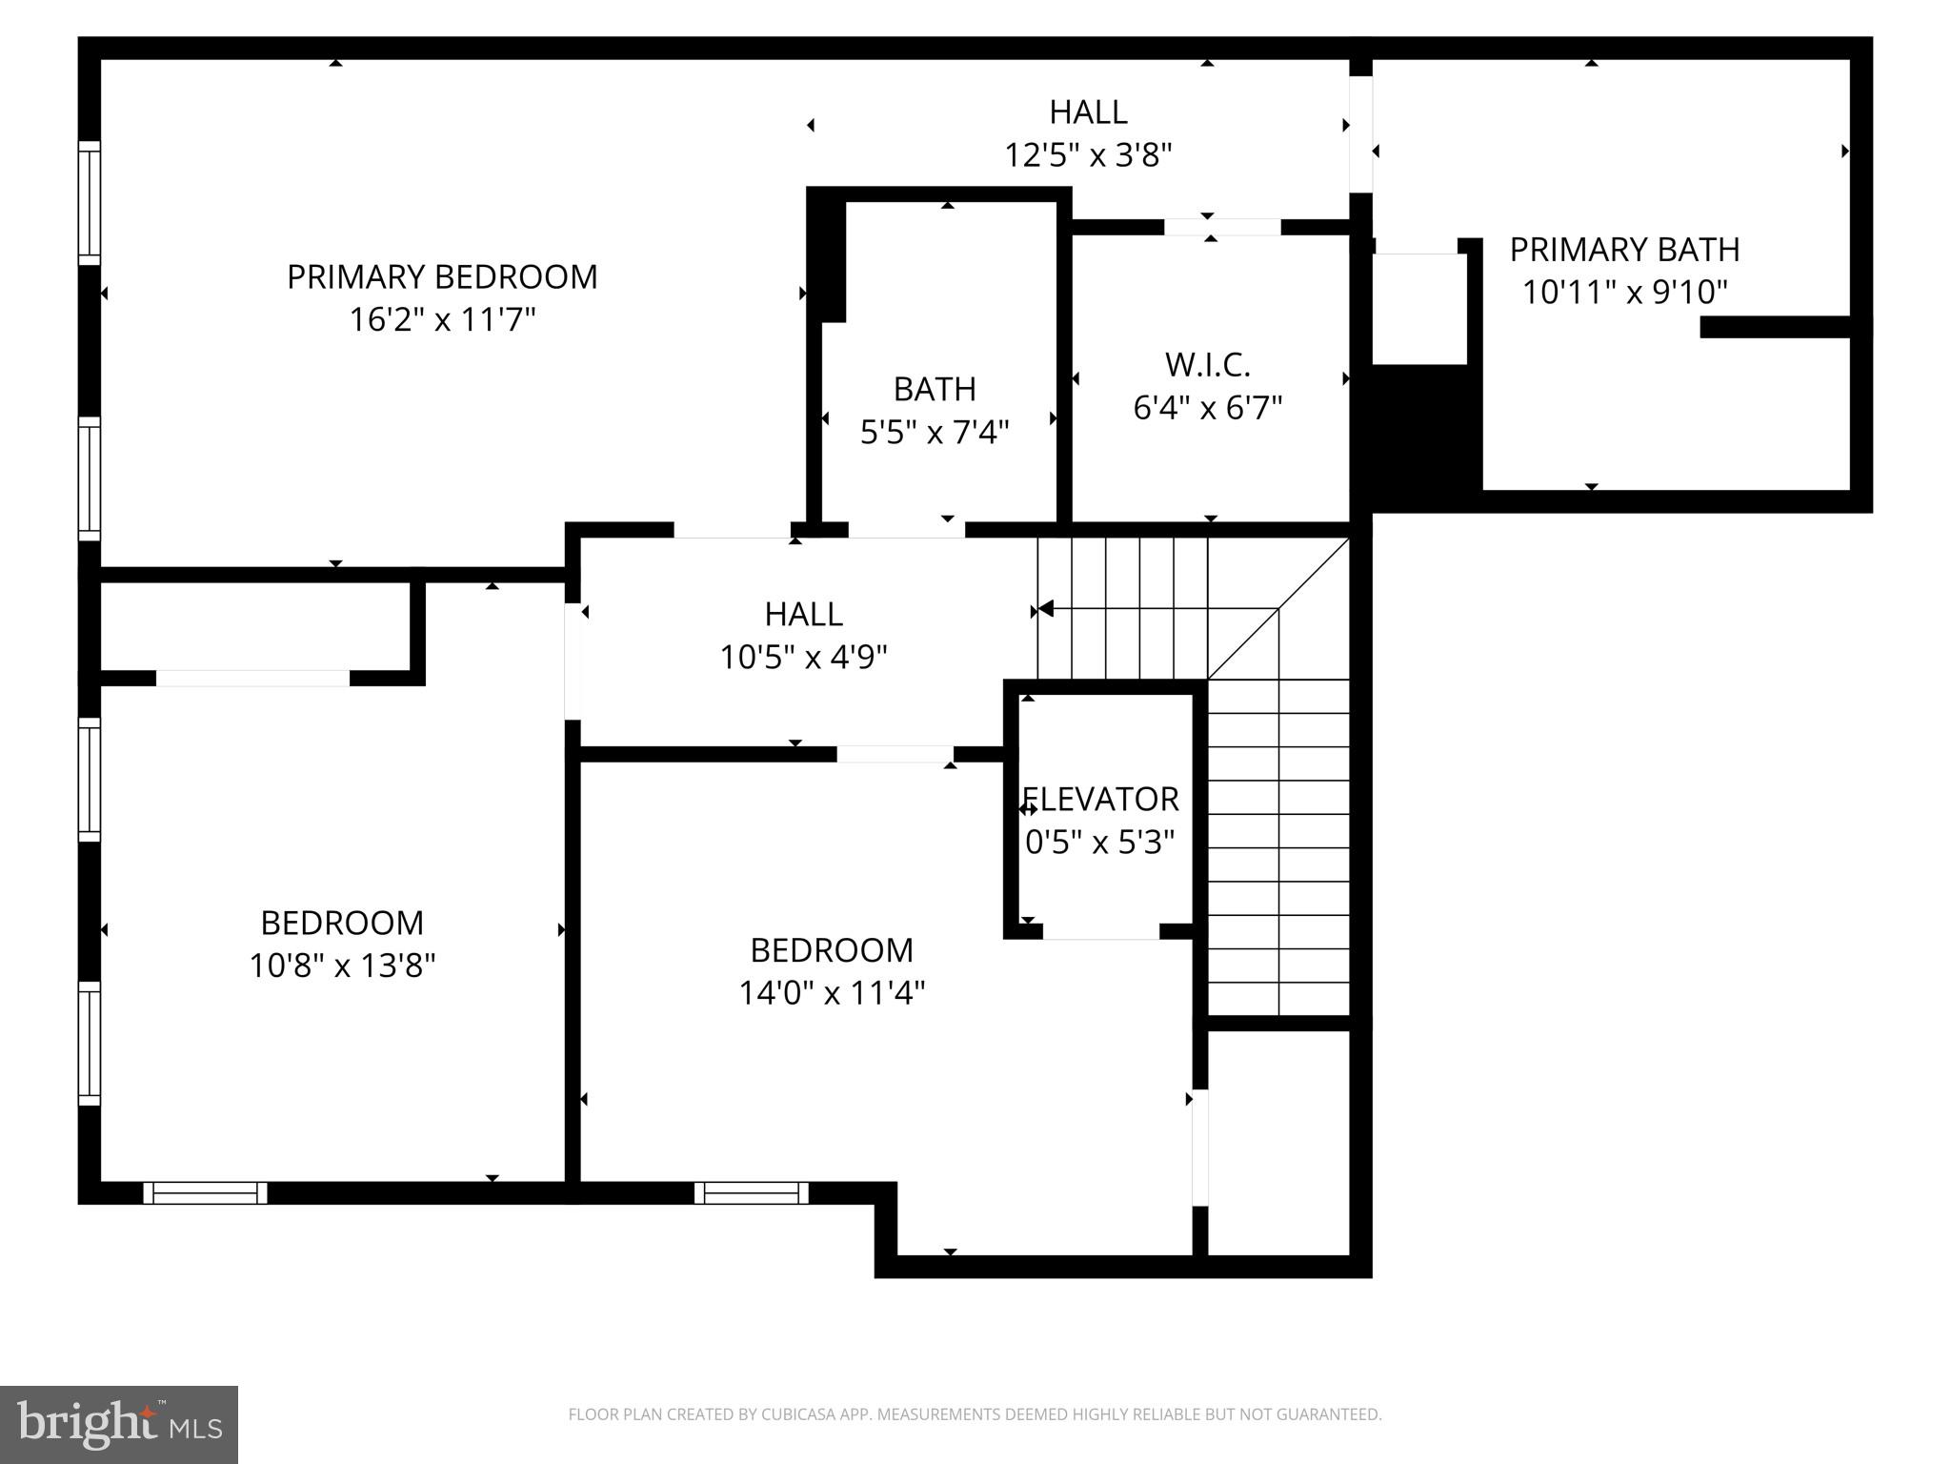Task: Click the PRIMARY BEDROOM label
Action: tap(442, 276)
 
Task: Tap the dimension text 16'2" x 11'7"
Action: tap(442, 319)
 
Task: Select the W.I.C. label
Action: tap(1207, 364)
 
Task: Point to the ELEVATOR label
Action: tap(1100, 799)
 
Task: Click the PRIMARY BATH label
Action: tap(1624, 250)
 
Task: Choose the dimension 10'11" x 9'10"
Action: tap(1624, 292)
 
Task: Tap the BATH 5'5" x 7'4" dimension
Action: tap(934, 432)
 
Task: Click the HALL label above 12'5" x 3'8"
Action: tap(1088, 112)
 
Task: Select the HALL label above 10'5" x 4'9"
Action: tap(803, 614)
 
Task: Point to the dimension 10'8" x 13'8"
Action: tap(342, 966)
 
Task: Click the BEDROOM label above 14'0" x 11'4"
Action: tap(832, 950)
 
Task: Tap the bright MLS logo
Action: tap(119, 1424)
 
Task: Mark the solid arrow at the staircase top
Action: tap(1045, 608)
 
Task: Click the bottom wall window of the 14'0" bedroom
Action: tap(751, 1192)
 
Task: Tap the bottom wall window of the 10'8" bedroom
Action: tap(205, 1192)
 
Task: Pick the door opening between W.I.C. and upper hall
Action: tap(1222, 227)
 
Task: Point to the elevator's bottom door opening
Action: tap(1100, 931)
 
